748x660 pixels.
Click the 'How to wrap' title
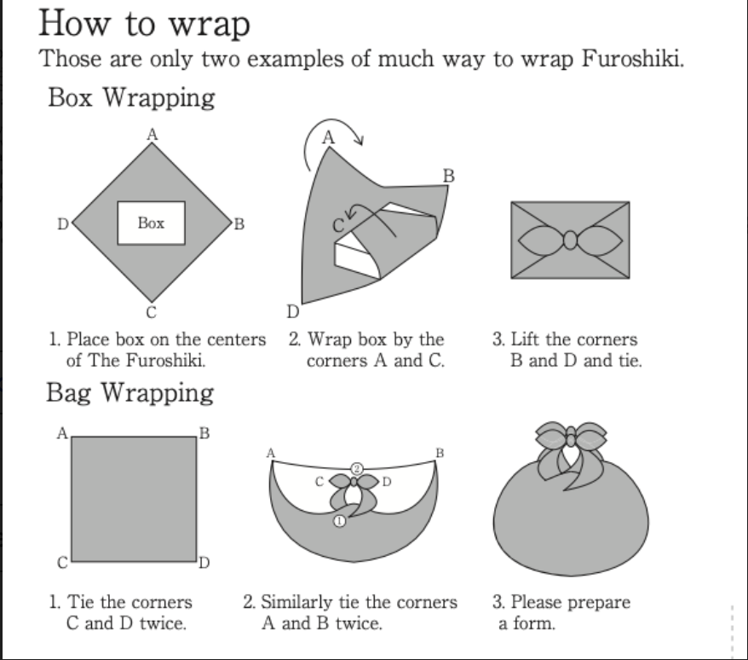(145, 23)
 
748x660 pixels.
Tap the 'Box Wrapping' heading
(131, 97)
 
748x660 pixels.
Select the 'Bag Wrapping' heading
(129, 393)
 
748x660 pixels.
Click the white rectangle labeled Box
(151, 223)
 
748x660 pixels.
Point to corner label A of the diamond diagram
(151, 133)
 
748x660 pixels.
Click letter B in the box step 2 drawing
(449, 177)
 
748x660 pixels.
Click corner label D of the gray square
(204, 563)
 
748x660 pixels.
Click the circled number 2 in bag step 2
(358, 469)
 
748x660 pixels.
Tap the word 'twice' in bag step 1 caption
(164, 623)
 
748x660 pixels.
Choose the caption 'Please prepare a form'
(561, 612)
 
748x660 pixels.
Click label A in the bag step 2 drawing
(271, 453)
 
